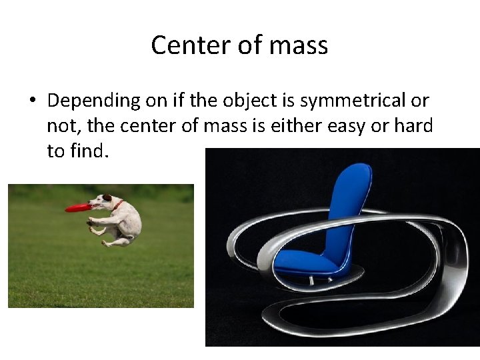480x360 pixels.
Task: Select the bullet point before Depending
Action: coord(32,101)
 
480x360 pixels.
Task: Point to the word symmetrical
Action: coord(353,101)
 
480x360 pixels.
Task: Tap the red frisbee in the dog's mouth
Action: coord(79,208)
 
